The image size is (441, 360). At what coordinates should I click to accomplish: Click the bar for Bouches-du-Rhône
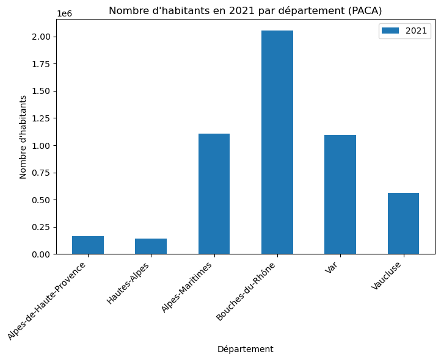coord(277,142)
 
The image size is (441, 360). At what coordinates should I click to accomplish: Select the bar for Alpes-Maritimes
coord(214,193)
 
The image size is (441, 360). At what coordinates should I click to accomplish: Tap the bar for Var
coord(340,194)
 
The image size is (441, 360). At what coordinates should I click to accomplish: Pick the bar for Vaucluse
coord(403,223)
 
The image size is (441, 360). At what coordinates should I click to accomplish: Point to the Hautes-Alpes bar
coord(151,247)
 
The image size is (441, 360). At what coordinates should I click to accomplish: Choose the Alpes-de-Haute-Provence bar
coord(88,245)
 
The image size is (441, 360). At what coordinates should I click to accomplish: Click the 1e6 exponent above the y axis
coord(64,13)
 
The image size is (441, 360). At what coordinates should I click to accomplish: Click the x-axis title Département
coord(245,349)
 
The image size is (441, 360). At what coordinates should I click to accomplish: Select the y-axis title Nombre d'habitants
coord(23,137)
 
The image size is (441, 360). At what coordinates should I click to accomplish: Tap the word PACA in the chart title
coord(366,10)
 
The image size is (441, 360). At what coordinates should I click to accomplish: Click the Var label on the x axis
coord(332,268)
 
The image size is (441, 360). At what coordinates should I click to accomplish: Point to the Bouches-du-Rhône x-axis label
coord(246,292)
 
